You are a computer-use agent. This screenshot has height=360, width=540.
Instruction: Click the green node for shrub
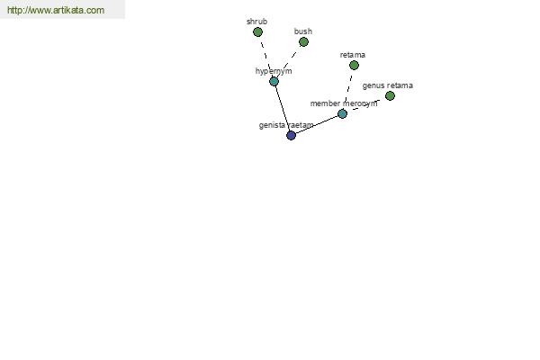[257, 32]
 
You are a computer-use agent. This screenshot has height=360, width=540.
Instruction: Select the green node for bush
[303, 42]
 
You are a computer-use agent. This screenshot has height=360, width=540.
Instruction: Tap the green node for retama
[354, 65]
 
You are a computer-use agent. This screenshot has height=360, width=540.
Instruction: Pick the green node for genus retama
[390, 95]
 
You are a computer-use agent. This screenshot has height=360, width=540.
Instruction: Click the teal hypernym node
[274, 81]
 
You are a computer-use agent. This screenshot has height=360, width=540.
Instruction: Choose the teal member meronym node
[342, 113]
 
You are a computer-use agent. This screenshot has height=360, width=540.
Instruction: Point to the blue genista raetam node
[291, 135]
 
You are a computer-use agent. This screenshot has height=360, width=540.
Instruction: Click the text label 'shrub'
[256, 22]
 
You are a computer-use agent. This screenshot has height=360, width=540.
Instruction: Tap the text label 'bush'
[303, 31]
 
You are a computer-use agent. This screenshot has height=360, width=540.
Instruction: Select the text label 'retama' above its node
[353, 55]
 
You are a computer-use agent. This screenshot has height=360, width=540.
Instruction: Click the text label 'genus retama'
[388, 85]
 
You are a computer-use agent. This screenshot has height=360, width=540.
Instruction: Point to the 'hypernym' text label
[274, 71]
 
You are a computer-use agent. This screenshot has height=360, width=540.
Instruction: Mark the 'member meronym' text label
[344, 103]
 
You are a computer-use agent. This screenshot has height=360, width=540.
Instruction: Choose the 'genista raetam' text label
[286, 125]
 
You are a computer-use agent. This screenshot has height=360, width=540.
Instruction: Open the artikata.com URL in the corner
[56, 10]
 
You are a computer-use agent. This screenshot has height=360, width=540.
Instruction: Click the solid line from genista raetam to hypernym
[283, 109]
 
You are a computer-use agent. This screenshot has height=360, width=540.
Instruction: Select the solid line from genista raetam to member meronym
[317, 125]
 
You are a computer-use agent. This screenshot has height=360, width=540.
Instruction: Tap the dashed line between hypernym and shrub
[265, 57]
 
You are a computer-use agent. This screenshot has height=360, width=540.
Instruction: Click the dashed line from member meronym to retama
[348, 88]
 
